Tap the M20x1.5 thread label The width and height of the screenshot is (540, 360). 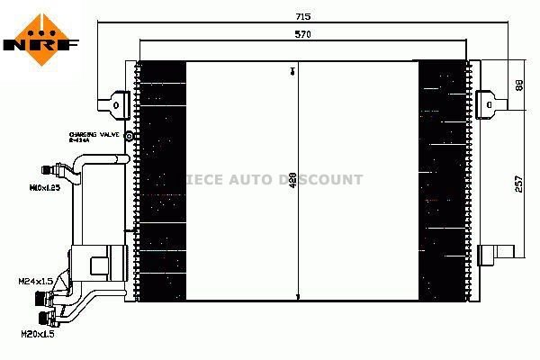pos(37,335)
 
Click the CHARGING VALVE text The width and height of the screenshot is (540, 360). pos(94,134)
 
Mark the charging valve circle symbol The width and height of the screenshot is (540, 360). pos(129,137)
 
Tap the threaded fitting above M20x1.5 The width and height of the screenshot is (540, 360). pos(44,318)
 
